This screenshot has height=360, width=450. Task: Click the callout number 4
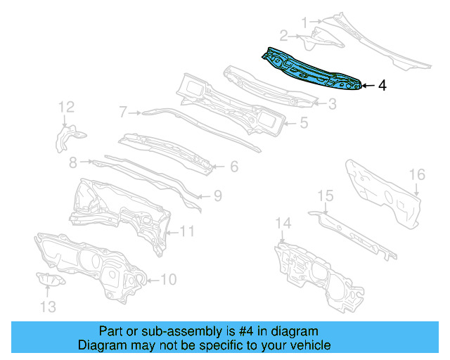tap(382, 86)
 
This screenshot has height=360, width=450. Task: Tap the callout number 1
tap(305, 23)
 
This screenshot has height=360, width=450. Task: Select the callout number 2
tap(283, 35)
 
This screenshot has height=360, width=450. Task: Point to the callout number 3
tap(333, 104)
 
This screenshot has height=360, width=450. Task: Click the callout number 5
tap(304, 123)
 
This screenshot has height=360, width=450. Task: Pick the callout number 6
tap(234, 167)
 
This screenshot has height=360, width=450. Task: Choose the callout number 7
tap(123, 111)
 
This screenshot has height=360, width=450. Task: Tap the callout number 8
tap(73, 162)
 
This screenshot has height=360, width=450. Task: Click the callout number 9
tap(218, 195)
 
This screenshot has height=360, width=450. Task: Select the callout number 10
tap(169, 279)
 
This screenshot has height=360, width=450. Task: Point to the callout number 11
tap(187, 230)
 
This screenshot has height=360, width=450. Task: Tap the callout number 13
tap(46, 306)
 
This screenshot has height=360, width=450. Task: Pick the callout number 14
tap(282, 224)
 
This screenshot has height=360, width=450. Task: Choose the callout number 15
tap(325, 195)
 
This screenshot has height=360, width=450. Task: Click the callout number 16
tap(417, 174)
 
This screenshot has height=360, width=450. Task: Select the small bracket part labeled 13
tap(51, 281)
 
